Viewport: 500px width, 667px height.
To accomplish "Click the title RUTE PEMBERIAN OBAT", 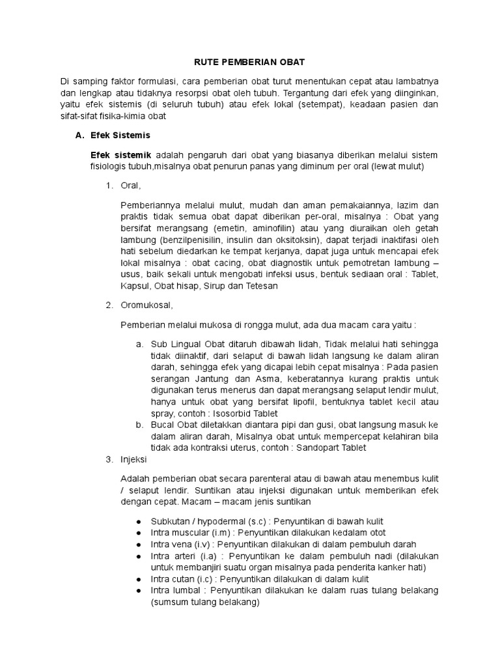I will [250, 62].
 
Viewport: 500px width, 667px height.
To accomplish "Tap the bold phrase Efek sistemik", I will [121, 155].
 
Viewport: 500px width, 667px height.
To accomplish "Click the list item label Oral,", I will [131, 186].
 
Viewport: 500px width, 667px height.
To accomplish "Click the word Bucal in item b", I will [163, 425].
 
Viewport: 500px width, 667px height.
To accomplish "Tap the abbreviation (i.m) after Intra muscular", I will [220, 532].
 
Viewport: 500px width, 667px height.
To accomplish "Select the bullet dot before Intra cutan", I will [139, 579].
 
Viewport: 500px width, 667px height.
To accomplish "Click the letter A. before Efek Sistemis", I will [81, 135].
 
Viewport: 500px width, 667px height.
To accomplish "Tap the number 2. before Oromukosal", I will [109, 305].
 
